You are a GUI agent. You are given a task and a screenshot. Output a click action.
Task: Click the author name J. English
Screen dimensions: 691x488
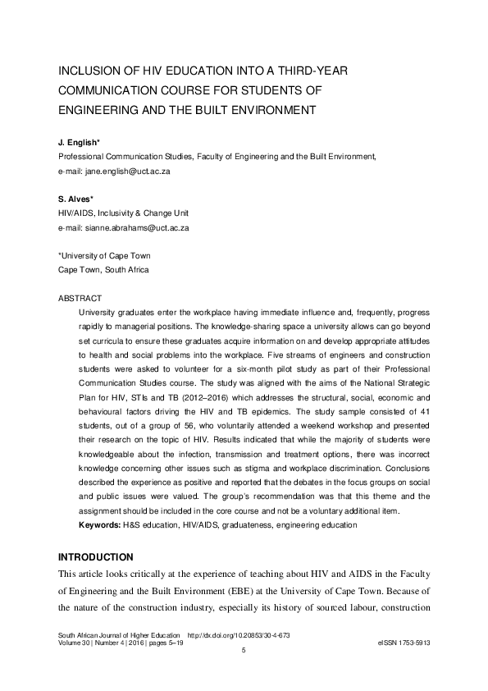pos(79,143)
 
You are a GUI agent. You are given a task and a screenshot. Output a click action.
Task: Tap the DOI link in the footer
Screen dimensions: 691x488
pos(239,636)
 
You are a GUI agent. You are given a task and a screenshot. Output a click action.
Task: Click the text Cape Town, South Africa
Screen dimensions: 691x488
pos(103,269)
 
